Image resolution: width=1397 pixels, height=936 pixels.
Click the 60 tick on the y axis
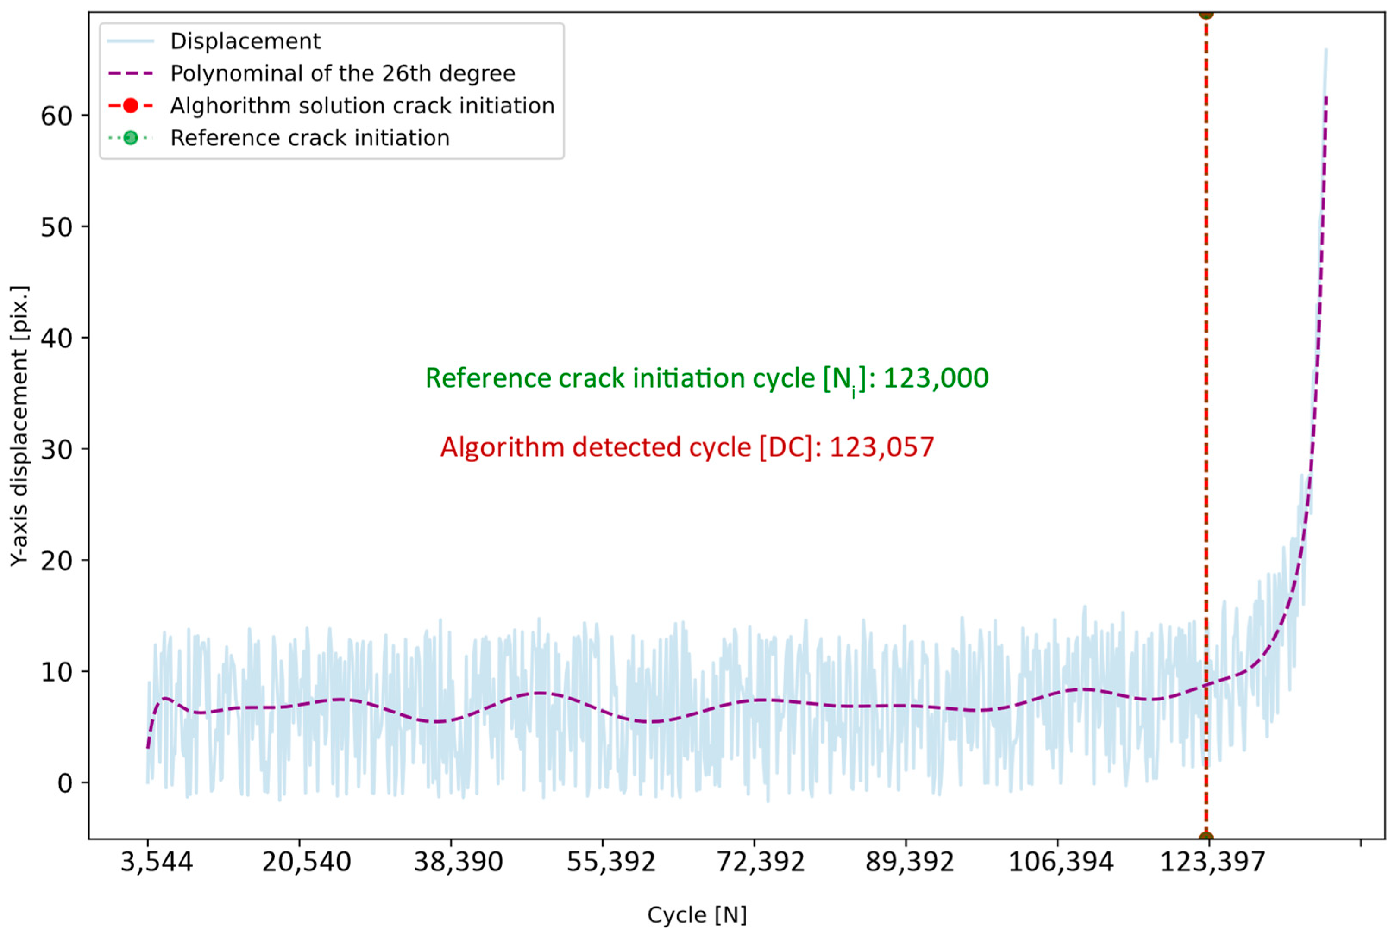57,116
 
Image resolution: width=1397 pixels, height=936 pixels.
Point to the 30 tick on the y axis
57,449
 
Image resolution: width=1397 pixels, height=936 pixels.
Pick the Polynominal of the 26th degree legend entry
343,73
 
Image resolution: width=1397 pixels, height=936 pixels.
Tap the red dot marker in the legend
130,106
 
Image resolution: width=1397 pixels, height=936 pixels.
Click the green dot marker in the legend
130,138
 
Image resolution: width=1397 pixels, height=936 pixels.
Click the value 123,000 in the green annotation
935,378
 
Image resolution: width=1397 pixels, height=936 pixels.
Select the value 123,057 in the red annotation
882,447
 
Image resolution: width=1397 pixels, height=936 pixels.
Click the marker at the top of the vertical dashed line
1205,13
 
